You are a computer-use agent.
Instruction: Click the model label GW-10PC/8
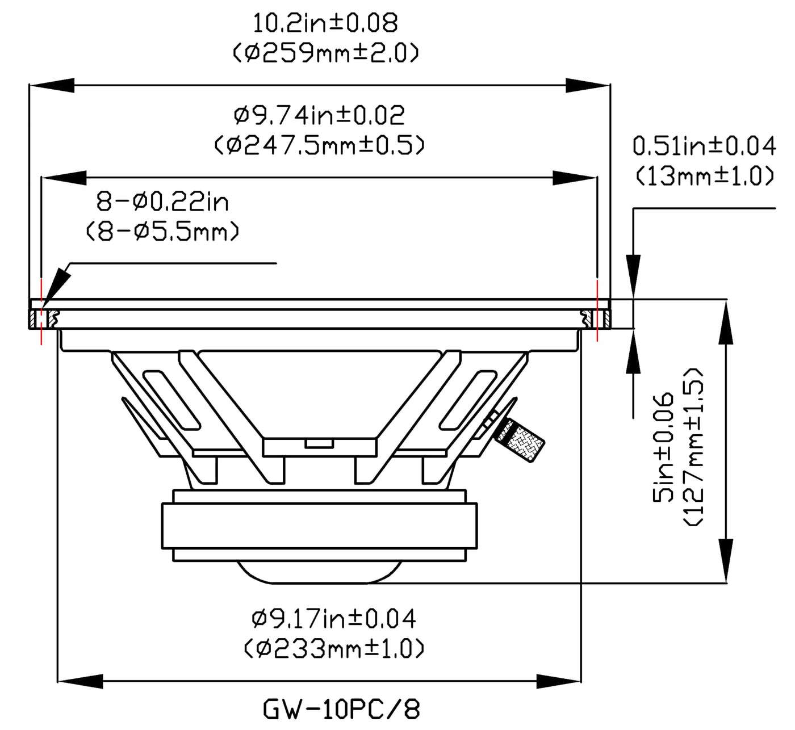[x=341, y=709]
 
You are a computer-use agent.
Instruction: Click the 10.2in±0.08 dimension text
[x=325, y=23]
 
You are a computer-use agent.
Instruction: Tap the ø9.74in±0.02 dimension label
[x=320, y=115]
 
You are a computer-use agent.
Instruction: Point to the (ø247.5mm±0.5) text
[x=320, y=145]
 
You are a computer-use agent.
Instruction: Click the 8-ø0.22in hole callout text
[x=162, y=202]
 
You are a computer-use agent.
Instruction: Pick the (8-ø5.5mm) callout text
[x=162, y=232]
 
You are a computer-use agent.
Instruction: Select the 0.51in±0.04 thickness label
[x=704, y=146]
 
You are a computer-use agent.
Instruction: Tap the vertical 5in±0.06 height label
[x=663, y=447]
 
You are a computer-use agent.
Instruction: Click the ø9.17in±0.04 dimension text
[x=334, y=618]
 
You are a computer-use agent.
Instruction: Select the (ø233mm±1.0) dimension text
[x=334, y=648]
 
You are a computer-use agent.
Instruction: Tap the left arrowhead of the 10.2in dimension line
[x=52, y=85]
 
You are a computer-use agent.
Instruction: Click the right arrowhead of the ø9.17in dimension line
[x=559, y=682]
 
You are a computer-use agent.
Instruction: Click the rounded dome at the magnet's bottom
[x=320, y=572]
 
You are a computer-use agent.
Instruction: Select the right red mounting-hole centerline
[x=597, y=311]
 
